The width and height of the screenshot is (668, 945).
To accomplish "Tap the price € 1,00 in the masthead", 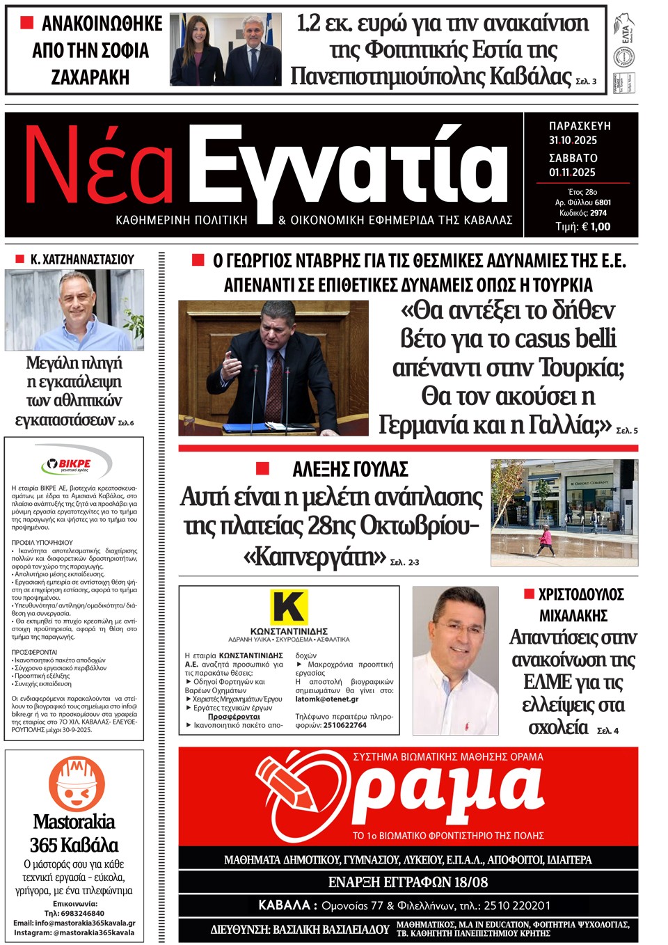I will (x=594, y=226).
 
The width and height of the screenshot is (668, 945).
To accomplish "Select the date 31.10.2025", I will (x=573, y=140).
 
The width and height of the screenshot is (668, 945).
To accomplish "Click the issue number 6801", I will (x=603, y=202).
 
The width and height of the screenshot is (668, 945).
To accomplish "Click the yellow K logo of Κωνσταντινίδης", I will (x=288, y=607).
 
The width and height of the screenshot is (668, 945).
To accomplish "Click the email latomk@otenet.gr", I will (x=327, y=699).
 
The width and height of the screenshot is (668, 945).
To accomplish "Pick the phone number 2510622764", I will (x=340, y=725).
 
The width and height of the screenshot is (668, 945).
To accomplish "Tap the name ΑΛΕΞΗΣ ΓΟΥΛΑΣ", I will (x=350, y=470).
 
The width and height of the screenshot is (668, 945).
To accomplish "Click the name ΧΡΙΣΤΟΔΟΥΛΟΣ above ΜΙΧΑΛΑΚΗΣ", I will (x=581, y=594).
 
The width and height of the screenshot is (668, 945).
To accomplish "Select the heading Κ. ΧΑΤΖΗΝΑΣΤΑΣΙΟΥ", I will (x=82, y=259).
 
